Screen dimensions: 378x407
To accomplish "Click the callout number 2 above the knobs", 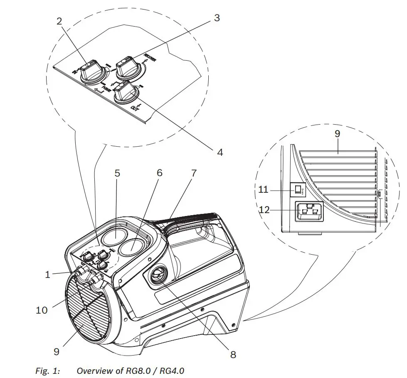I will click(x=59, y=22).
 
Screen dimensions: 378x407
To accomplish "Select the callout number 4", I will click(x=220, y=152).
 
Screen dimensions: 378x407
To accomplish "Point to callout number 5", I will click(x=117, y=173).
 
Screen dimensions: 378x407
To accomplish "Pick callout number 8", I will click(x=233, y=354).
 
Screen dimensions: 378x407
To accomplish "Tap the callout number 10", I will click(x=42, y=310).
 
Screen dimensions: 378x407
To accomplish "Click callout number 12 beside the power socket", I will click(x=264, y=210).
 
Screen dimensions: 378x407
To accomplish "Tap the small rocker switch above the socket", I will click(x=298, y=190).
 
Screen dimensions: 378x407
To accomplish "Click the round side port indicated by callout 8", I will click(x=158, y=276).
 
